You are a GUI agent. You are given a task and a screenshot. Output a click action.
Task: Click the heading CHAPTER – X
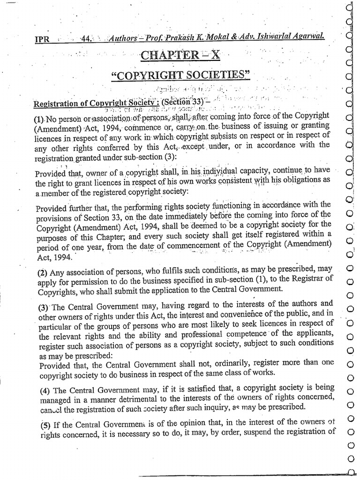(x=180, y=55)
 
